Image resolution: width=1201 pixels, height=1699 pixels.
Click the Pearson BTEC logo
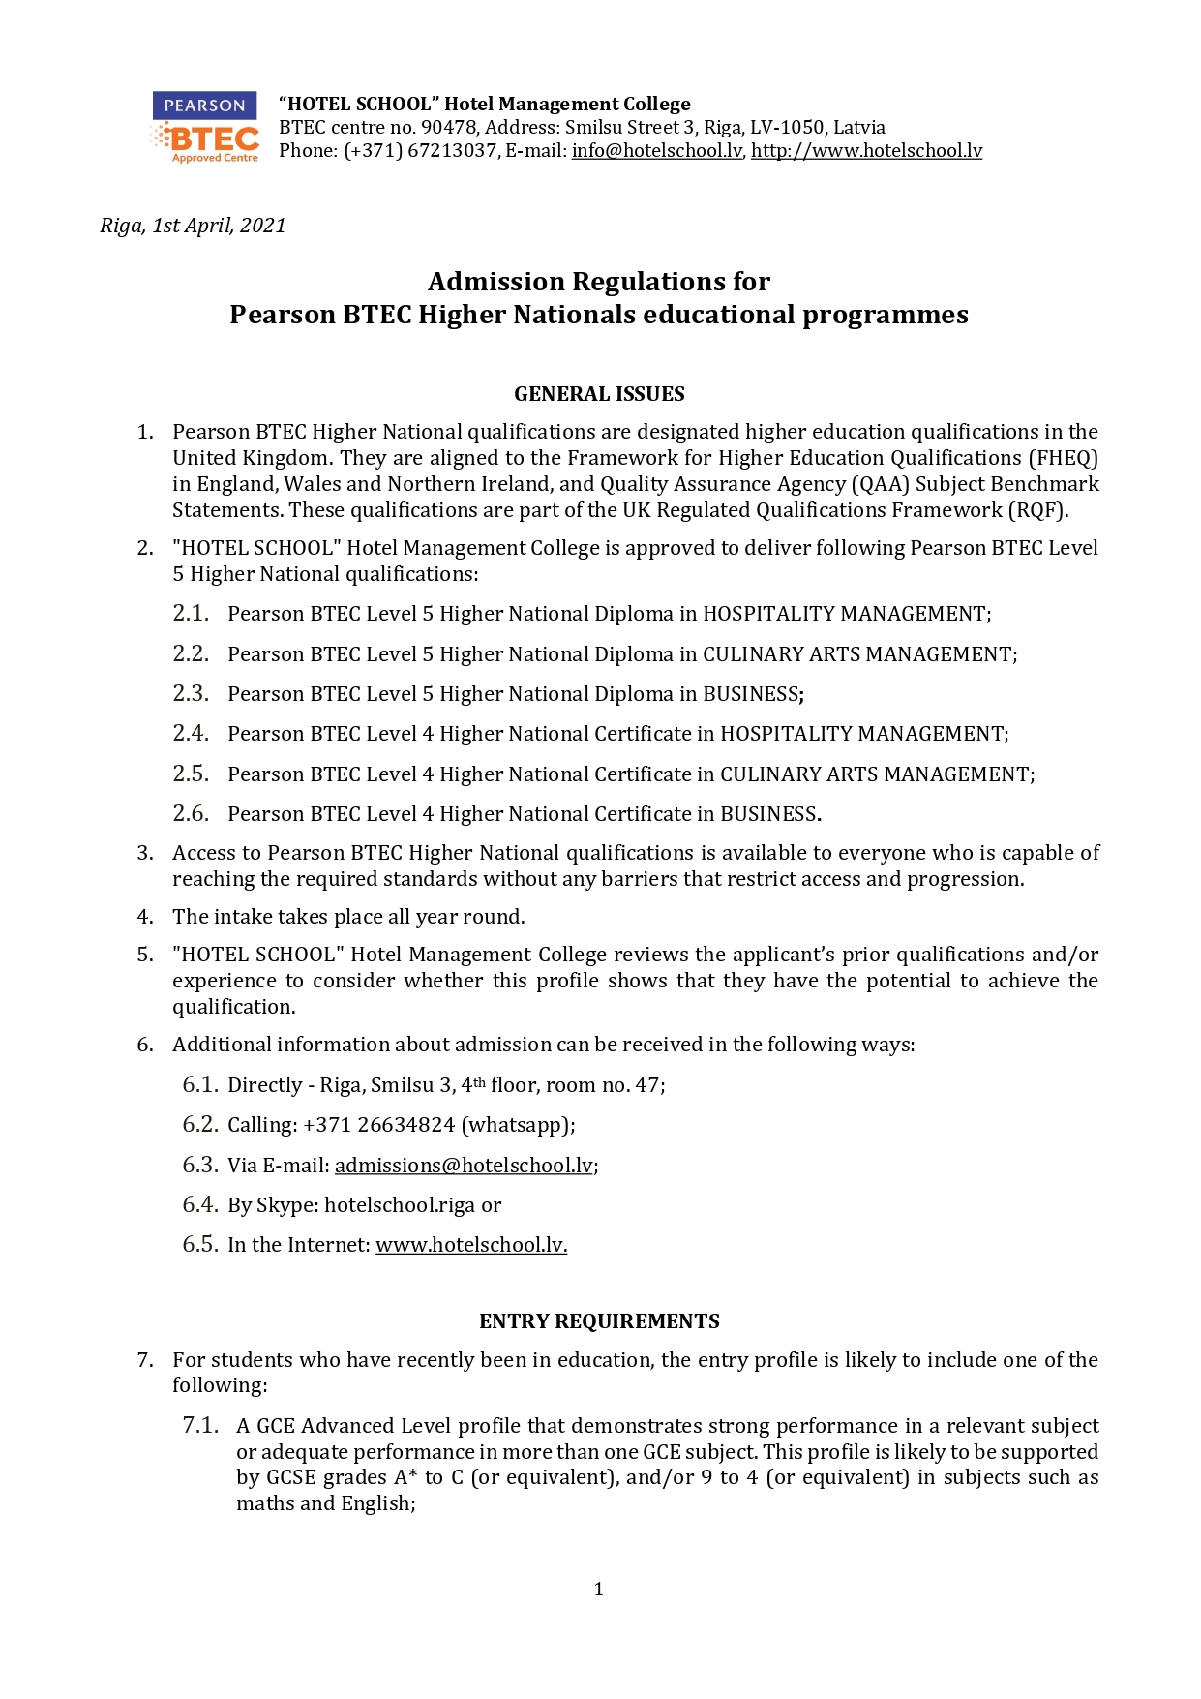click(205, 128)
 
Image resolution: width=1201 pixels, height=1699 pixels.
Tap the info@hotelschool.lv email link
click(657, 151)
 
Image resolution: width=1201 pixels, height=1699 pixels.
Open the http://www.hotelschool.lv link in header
click(866, 151)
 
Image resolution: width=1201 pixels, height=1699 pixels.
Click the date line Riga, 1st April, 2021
click(193, 226)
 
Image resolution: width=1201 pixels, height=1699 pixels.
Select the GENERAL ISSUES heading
click(599, 394)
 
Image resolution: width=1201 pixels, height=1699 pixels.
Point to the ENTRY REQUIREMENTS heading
click(599, 1321)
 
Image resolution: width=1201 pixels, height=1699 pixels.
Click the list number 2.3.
click(191, 694)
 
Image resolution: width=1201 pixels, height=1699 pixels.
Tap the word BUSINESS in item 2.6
click(769, 814)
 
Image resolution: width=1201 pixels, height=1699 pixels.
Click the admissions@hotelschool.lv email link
click(464, 1166)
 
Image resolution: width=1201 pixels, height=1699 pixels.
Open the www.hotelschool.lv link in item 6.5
click(470, 1245)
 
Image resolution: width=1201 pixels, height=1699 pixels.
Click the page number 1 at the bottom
click(599, 1589)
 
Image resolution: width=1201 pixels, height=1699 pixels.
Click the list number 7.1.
click(200, 1425)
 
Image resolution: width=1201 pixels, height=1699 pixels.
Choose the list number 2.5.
click(191, 774)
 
